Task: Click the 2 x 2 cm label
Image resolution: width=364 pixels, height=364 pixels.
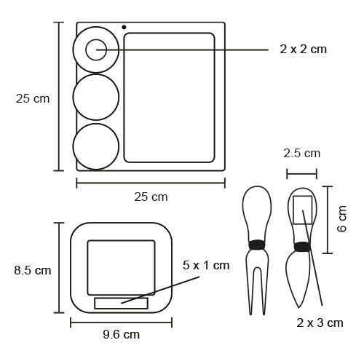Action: click(303, 50)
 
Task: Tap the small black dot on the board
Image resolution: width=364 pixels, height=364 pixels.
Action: click(124, 27)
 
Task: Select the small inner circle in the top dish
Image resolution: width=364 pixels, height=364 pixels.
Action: click(96, 39)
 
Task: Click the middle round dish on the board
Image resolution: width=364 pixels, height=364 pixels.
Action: click(96, 74)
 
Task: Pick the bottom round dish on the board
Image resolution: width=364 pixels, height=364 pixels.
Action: click(96, 124)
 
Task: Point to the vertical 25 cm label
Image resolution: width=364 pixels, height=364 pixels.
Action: click(33, 99)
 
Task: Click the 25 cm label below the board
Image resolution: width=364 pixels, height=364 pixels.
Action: click(151, 197)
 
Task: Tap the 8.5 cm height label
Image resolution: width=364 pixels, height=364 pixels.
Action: click(33, 270)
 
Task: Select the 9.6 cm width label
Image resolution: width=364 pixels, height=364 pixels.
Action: click(121, 335)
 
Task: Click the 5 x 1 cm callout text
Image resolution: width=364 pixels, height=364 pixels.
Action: click(206, 265)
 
